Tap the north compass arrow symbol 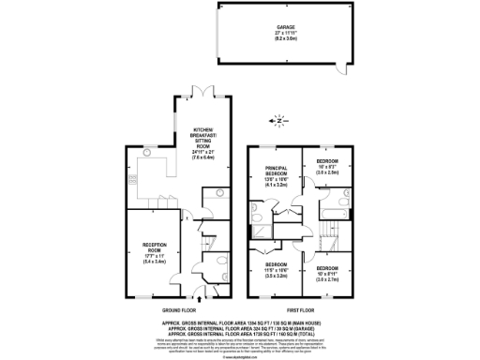pos(275,120)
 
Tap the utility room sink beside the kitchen pos(215,201)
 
